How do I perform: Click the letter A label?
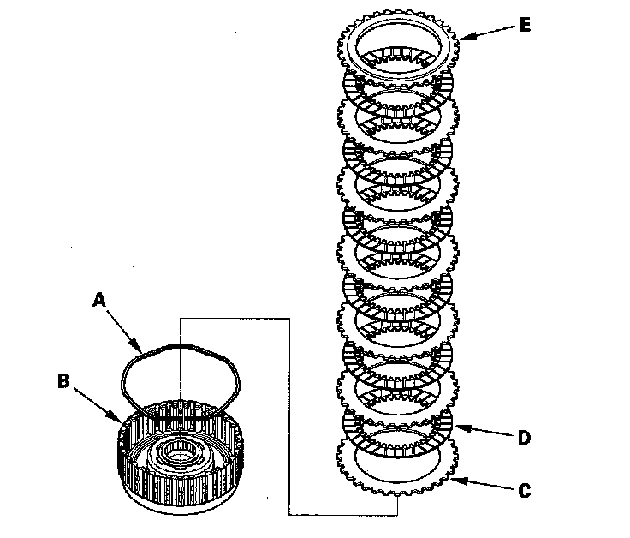(x=98, y=300)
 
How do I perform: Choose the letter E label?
(x=525, y=24)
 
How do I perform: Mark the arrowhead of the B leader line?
(x=120, y=421)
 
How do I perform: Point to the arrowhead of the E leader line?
(x=463, y=37)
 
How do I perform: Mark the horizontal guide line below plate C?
(x=342, y=515)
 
